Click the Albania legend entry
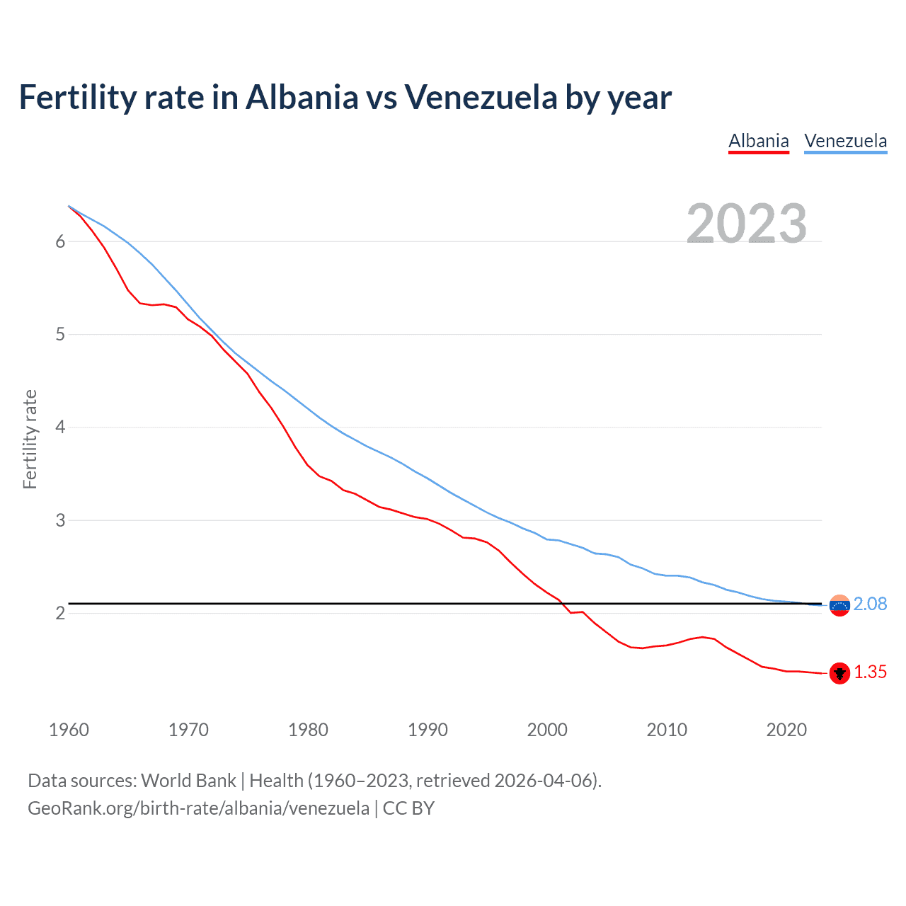tap(759, 141)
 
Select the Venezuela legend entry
tap(845, 141)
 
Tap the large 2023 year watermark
tap(747, 224)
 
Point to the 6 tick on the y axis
tap(60, 241)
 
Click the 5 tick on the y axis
tap(60, 334)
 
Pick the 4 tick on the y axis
tap(60, 428)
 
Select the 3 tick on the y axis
tap(60, 520)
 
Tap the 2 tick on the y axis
tap(60, 613)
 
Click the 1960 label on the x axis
tap(69, 730)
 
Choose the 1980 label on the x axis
tap(308, 730)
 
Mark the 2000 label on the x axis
tap(547, 730)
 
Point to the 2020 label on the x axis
tap(786, 730)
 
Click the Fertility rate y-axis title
tap(30, 439)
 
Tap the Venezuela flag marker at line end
tap(839, 605)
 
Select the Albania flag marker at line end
tap(839, 673)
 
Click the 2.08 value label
tap(870, 604)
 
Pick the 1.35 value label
tap(870, 672)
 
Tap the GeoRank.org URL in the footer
tap(198, 808)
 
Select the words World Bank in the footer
tap(188, 781)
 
